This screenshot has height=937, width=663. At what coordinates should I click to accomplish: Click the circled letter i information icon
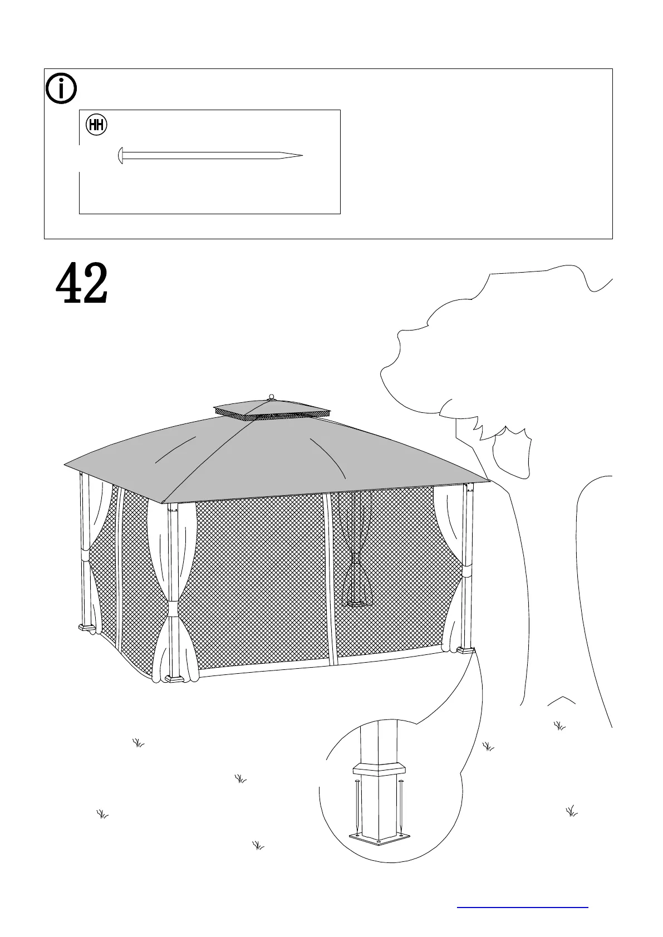(x=61, y=88)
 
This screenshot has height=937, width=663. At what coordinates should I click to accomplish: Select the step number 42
(x=82, y=284)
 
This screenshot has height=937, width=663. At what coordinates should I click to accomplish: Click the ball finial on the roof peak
(x=272, y=397)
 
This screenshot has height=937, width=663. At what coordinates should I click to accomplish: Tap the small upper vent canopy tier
(x=272, y=410)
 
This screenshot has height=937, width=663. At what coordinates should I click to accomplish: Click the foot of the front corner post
(x=175, y=679)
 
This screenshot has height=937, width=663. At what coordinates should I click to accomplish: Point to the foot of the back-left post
(x=86, y=628)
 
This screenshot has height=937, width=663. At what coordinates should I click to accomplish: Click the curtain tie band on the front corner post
(x=174, y=608)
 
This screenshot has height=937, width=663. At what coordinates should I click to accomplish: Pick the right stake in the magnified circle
(x=401, y=807)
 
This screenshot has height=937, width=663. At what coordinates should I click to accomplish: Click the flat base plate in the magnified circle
(x=380, y=840)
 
